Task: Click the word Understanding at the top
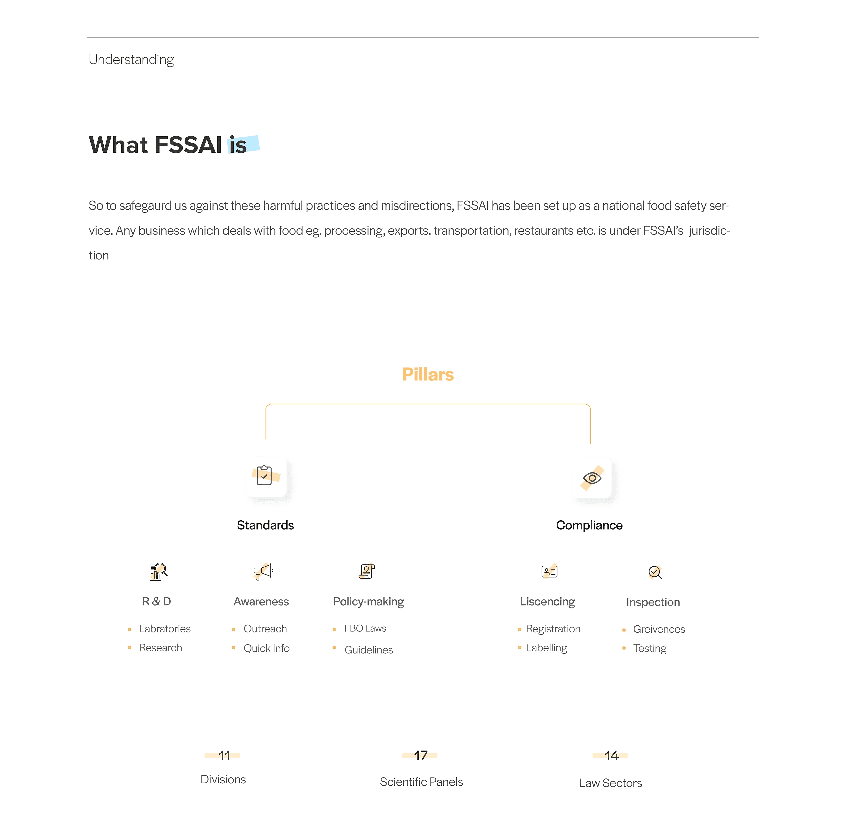click(131, 59)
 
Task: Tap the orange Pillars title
click(427, 374)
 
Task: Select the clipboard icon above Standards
click(265, 476)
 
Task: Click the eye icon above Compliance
click(592, 478)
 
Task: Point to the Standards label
click(265, 525)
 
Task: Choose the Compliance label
click(589, 525)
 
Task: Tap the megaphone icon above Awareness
click(263, 572)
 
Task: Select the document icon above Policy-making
click(367, 572)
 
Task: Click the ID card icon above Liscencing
click(549, 572)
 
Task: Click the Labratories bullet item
click(165, 629)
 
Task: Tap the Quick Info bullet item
click(267, 648)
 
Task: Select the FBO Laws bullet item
click(365, 628)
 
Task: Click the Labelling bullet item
click(546, 648)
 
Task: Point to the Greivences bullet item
click(659, 629)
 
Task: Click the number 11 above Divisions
click(224, 756)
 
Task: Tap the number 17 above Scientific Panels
click(420, 756)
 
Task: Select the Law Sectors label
click(610, 783)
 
